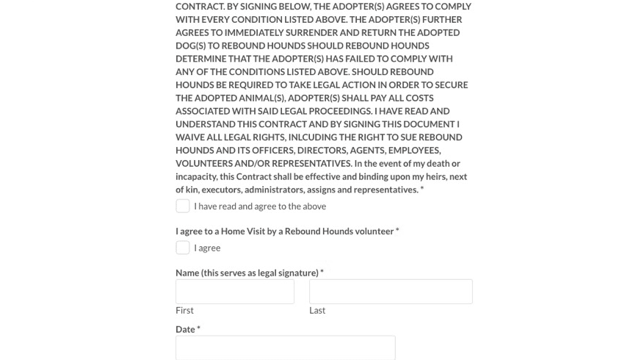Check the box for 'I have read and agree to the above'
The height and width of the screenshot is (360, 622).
click(183, 206)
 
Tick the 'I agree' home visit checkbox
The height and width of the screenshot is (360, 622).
click(183, 248)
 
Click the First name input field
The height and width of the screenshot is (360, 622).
click(234, 292)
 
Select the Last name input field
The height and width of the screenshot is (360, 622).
click(390, 292)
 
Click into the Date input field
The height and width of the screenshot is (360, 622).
click(285, 348)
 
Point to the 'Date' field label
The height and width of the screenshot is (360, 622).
click(185, 329)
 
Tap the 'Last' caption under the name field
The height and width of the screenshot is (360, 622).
click(317, 310)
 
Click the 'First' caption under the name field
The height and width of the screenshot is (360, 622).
click(184, 310)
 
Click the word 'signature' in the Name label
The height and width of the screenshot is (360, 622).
click(295, 273)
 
